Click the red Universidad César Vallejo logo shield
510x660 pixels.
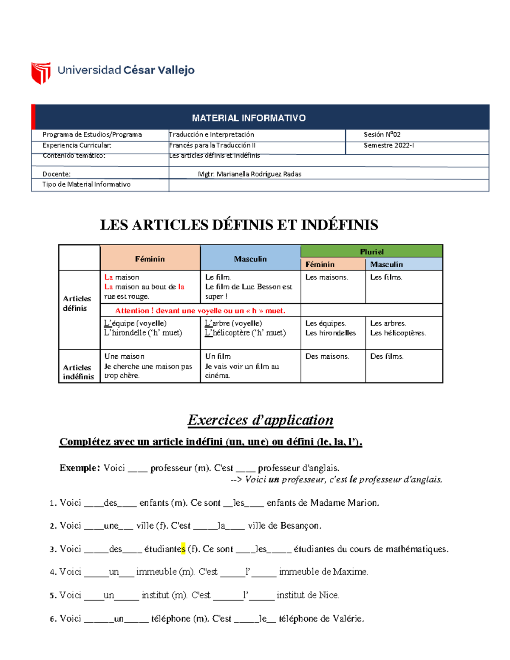tap(41, 73)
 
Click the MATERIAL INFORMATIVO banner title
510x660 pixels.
tap(249, 118)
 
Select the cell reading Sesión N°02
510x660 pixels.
tap(382, 135)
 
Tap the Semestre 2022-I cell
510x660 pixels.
tap(388, 145)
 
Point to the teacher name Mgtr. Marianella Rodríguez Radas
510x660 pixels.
tap(249, 174)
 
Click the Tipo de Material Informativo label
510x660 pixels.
tap(86, 184)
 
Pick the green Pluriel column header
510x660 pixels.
tap(371, 252)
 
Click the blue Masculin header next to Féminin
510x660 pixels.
tap(250, 259)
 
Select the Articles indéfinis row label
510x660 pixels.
tap(78, 372)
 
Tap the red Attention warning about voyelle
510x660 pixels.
tap(200, 311)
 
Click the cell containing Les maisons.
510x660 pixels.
tap(326, 278)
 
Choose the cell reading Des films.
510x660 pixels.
tap(386, 357)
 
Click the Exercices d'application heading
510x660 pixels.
tap(260, 420)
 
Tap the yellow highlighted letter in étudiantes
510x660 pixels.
tap(183, 549)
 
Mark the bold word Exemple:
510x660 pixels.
tap(79, 468)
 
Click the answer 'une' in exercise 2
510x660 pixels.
tap(111, 526)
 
